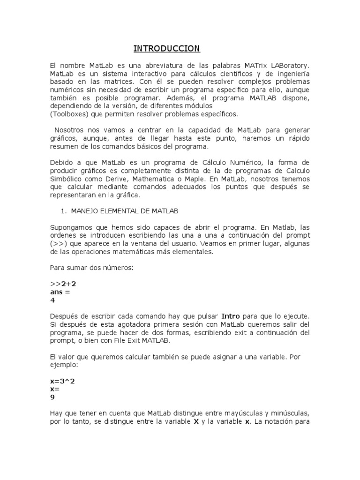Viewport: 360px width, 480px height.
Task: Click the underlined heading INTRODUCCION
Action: pyautogui.click(x=166, y=49)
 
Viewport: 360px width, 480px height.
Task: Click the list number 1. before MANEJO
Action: pyautogui.click(x=65, y=211)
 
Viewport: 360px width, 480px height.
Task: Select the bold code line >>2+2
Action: pyautogui.click(x=63, y=284)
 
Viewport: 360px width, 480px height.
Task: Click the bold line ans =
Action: pyautogui.click(x=60, y=292)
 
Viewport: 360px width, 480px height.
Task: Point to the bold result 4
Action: pyautogui.click(x=52, y=300)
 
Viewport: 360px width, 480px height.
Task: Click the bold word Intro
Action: pyautogui.click(x=231, y=316)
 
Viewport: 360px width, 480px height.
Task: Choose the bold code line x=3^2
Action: pyautogui.click(x=62, y=381)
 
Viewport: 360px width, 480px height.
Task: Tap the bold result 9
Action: pyautogui.click(x=52, y=397)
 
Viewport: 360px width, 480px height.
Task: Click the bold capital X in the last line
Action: pyautogui.click(x=196, y=421)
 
